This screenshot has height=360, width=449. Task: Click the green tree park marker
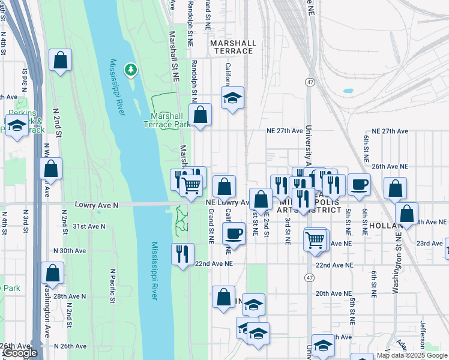click(130, 71)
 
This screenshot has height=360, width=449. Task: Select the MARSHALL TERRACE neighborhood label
click(233, 47)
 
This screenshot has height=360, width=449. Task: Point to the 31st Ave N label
click(88, 226)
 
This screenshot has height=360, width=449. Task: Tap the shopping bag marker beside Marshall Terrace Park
click(200, 114)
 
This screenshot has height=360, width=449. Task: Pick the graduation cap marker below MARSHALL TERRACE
click(232, 97)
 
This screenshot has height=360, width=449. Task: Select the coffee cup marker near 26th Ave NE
click(359, 184)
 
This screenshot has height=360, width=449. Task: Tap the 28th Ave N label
click(70, 296)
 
